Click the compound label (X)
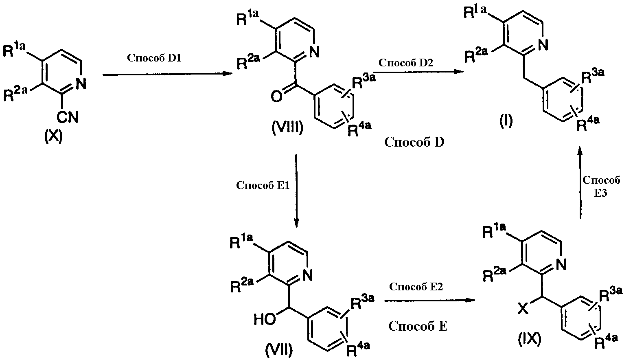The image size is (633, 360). coord(53,137)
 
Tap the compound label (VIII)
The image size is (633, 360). coord(287,128)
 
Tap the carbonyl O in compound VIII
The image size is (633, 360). coord(276,97)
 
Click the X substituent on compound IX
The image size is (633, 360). coord(523,309)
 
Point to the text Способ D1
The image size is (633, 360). coord(154,58)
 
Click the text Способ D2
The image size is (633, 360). coord(406,62)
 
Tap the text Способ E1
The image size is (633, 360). coord(263,185)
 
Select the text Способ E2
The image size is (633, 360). coord(416,286)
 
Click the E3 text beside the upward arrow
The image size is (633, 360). coord(600,193)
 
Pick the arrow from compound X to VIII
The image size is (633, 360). coord(168,74)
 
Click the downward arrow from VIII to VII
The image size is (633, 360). coord(296,191)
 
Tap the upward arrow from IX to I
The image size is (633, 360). coord(580,182)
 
